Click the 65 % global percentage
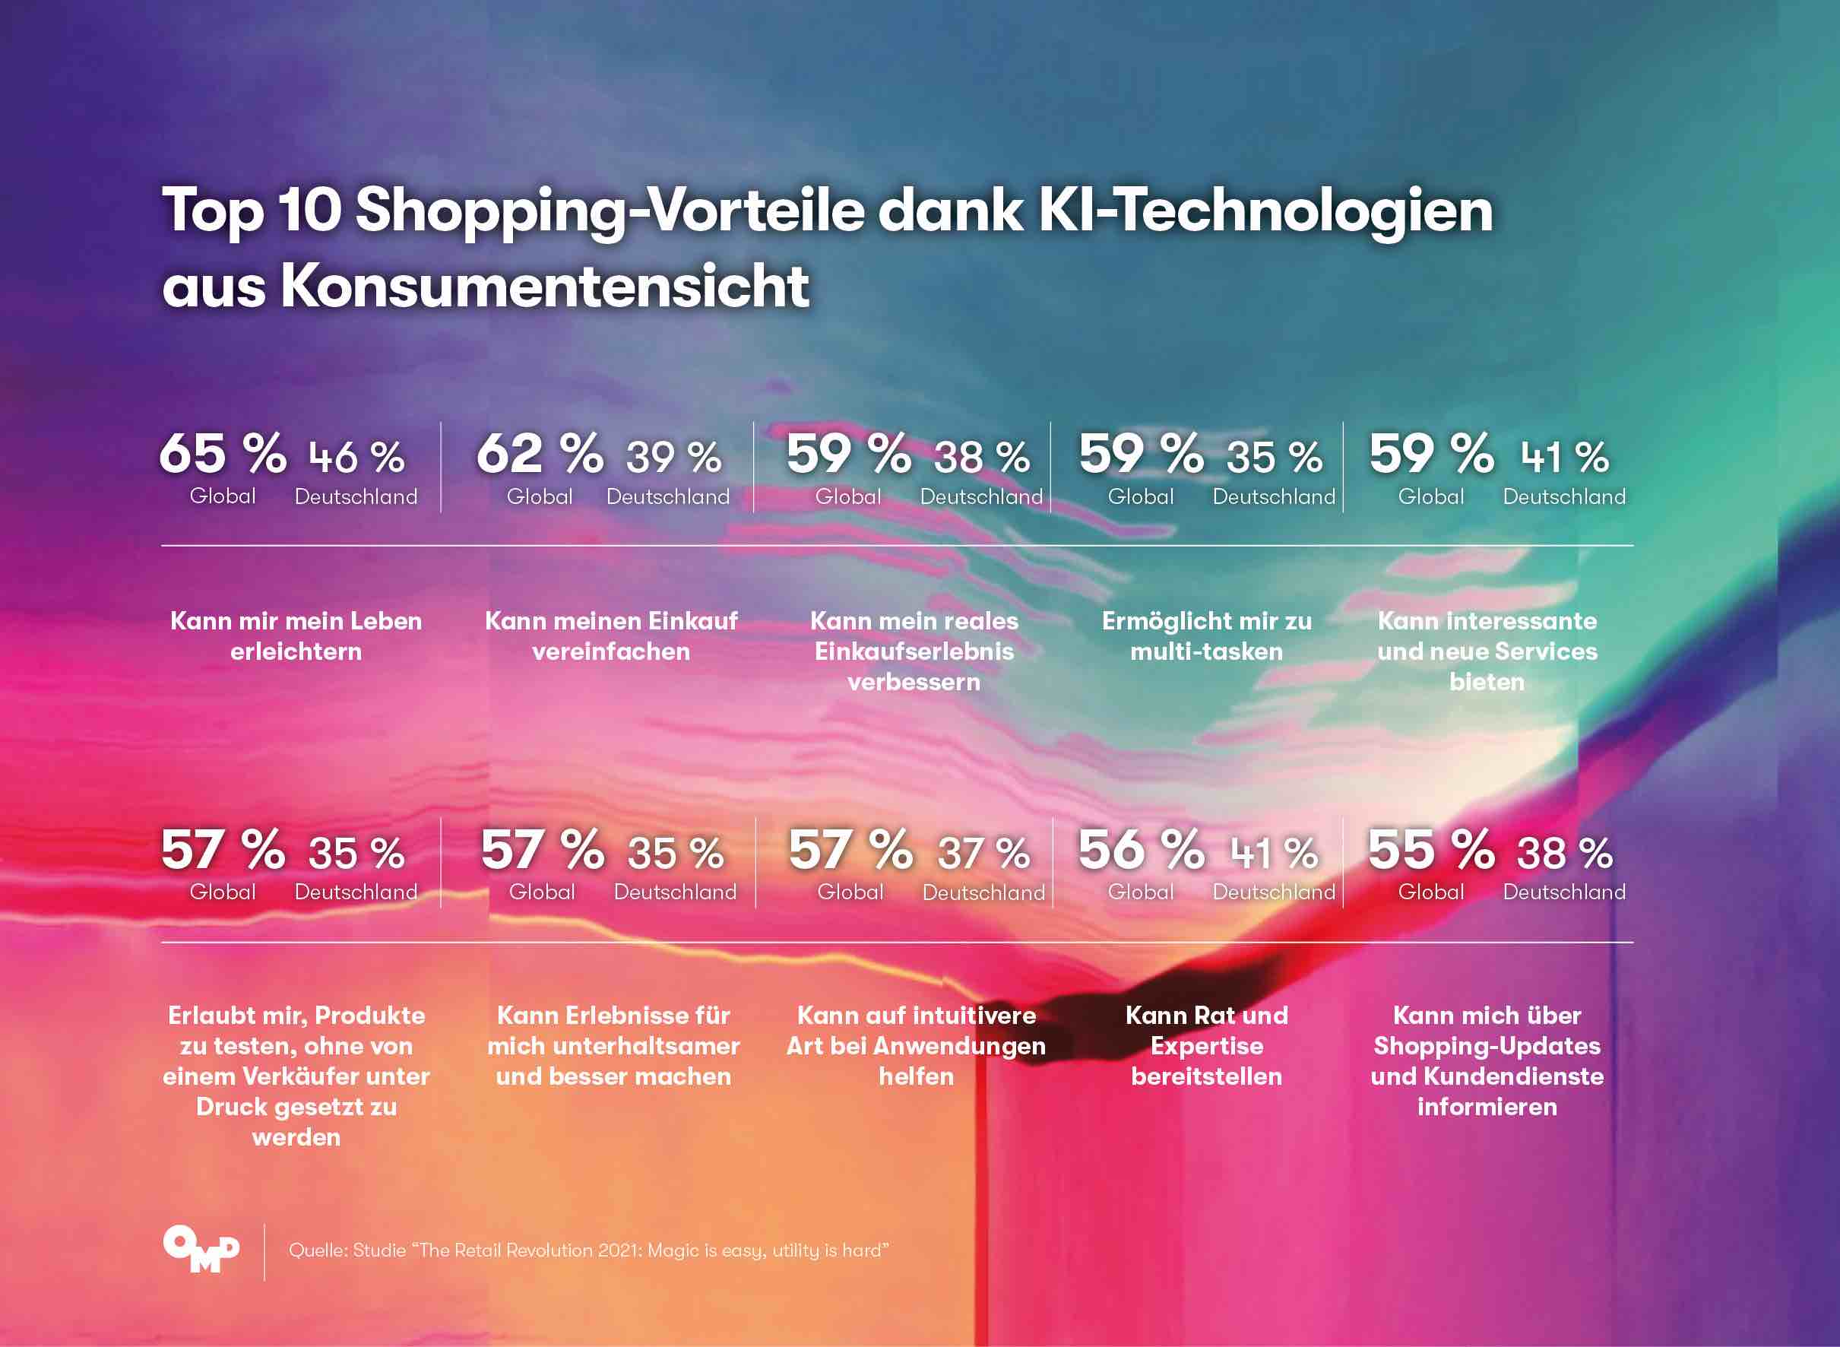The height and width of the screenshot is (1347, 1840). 222,454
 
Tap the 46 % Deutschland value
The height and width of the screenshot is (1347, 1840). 356,458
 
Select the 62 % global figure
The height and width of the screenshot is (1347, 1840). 539,454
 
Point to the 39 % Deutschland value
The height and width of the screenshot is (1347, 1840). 673,458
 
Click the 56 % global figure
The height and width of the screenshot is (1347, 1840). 1141,850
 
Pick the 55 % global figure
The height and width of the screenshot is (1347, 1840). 1431,850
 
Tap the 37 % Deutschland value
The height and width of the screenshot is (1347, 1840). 983,854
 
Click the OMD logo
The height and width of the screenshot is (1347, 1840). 201,1248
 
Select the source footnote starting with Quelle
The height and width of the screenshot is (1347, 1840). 587,1250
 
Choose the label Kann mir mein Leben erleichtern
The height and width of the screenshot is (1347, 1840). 296,636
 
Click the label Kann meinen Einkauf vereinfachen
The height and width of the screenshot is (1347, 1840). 610,636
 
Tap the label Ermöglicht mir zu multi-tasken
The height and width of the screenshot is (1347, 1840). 1207,636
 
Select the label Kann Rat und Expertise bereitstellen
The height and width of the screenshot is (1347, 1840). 1207,1046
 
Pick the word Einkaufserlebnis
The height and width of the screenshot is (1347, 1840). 914,651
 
